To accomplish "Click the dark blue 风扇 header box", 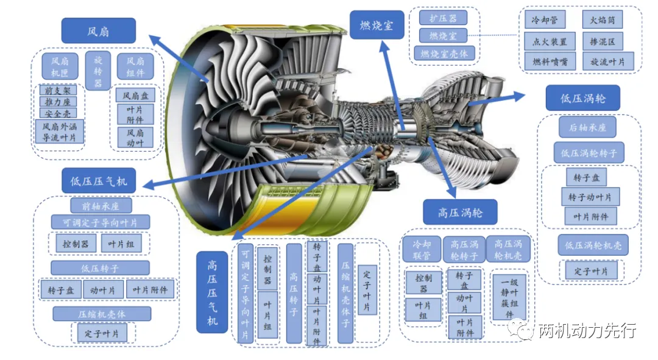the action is pyautogui.click(x=99, y=30).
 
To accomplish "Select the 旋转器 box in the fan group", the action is pyautogui.click(x=97, y=71).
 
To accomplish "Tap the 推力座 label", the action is pyautogui.click(x=58, y=102).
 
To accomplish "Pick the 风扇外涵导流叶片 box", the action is pyautogui.click(x=59, y=132).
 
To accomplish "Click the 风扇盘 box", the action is pyautogui.click(x=135, y=96).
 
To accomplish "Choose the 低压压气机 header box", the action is pyautogui.click(x=99, y=181).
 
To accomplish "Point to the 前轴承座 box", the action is pyautogui.click(x=101, y=206).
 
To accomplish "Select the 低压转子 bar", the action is pyautogui.click(x=100, y=268).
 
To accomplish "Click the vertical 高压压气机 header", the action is pyautogui.click(x=212, y=292).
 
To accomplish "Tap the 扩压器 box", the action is pyautogui.click(x=443, y=18).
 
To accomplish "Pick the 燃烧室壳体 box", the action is pyautogui.click(x=444, y=53).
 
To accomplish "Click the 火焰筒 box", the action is pyautogui.click(x=602, y=19).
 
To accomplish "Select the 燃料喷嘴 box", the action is pyautogui.click(x=550, y=62).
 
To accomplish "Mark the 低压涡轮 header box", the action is pyautogui.click(x=583, y=98).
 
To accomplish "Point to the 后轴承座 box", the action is pyautogui.click(x=587, y=127).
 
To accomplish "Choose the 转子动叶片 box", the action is pyautogui.click(x=590, y=197).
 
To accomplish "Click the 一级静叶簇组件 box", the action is pyautogui.click(x=509, y=297).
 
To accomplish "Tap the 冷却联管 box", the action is pyautogui.click(x=422, y=250).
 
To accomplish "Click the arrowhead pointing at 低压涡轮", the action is pyautogui.click(x=519, y=96).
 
